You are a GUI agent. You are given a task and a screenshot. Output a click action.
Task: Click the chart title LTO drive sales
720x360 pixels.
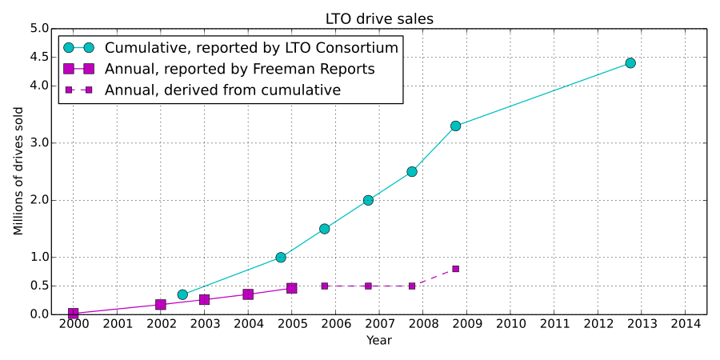click(x=379, y=18)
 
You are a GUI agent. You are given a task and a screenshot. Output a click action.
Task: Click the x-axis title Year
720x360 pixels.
click(x=379, y=340)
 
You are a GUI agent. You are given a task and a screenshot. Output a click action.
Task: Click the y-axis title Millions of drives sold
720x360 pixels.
click(x=18, y=171)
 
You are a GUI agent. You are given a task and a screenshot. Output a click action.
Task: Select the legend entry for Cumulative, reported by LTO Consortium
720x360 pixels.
click(x=251, y=48)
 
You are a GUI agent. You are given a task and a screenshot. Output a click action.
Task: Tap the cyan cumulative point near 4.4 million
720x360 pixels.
click(x=630, y=63)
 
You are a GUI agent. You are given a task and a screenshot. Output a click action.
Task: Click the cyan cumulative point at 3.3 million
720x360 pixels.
click(x=455, y=126)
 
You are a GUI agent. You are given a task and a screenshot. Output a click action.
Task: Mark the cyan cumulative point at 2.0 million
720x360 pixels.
click(x=368, y=200)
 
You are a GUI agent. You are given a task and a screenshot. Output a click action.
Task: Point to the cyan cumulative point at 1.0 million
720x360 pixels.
click(x=281, y=258)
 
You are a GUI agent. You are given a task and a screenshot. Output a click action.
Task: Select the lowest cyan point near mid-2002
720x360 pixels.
click(x=182, y=294)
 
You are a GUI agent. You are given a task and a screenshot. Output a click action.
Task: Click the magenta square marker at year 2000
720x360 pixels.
click(x=74, y=314)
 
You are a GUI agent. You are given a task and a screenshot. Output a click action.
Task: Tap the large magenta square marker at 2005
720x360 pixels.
click(x=292, y=288)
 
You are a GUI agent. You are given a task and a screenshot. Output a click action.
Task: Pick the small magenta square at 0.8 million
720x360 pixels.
click(x=455, y=269)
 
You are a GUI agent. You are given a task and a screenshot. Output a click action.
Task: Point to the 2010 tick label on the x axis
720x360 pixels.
click(x=510, y=324)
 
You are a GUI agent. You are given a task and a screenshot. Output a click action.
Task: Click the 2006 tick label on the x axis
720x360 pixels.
click(x=335, y=324)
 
